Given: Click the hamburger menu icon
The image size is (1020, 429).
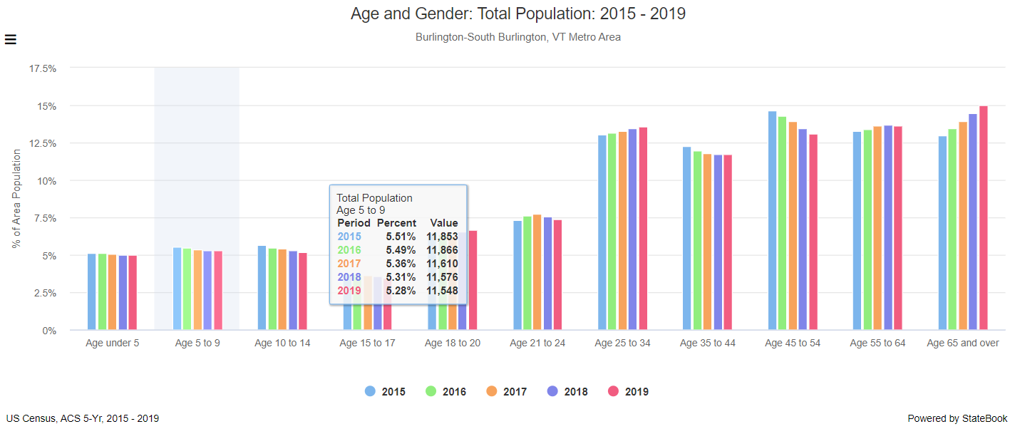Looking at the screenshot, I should click(11, 39).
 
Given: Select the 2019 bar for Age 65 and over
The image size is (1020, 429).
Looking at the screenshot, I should click(983, 218).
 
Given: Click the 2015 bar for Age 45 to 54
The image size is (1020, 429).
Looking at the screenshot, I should click(772, 221).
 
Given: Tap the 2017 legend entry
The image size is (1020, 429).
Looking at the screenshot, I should click(505, 391).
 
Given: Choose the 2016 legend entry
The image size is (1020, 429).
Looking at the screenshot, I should click(445, 391).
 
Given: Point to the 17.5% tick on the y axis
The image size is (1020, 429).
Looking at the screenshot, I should click(42, 68).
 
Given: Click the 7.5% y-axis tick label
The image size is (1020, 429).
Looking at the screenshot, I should click(42, 218).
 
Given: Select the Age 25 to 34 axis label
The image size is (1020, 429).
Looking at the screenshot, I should click(622, 343).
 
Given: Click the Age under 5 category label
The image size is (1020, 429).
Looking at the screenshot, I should click(112, 343).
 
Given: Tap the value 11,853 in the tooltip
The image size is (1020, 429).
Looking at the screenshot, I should click(442, 237).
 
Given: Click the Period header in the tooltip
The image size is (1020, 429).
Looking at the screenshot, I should click(354, 223).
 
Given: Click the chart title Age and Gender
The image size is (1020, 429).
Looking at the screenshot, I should click(517, 14).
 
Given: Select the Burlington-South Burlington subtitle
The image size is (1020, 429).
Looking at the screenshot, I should click(517, 37).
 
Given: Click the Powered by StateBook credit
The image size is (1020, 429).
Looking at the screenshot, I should click(957, 418).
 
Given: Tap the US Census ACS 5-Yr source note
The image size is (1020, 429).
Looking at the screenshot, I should click(82, 418).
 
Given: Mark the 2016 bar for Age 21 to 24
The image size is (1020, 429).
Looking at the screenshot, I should click(527, 273).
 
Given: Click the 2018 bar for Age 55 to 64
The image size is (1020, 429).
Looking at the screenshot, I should click(888, 228).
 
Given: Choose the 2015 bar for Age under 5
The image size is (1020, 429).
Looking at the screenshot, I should click(92, 292).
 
